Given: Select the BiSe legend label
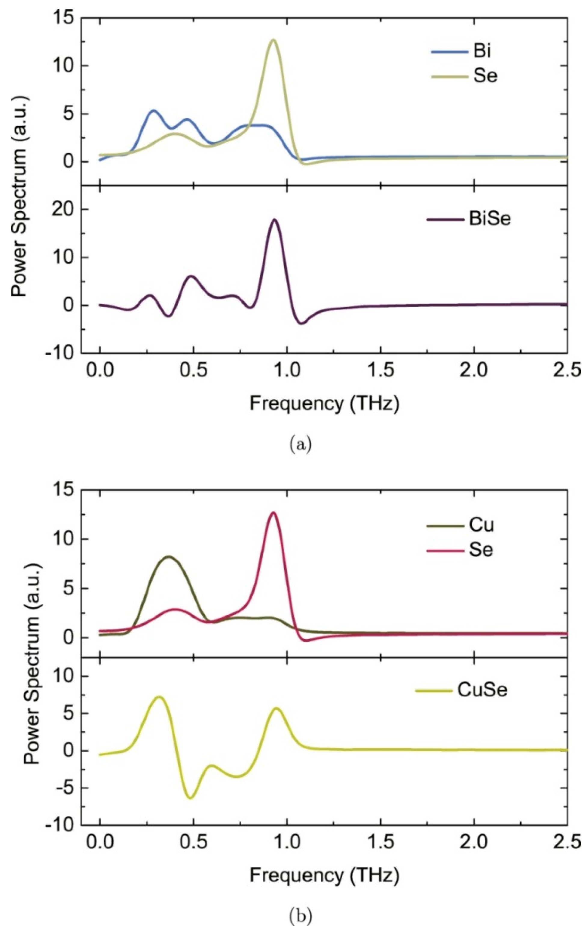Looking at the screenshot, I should pos(490,219).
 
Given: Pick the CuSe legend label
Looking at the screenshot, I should pos(482,690).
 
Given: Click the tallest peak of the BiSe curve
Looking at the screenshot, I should pos(274,220).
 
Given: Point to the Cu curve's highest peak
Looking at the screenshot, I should pos(169,556).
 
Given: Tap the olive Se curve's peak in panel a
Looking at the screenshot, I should pos(274,40).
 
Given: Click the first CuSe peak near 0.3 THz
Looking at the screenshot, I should pos(159,697).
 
